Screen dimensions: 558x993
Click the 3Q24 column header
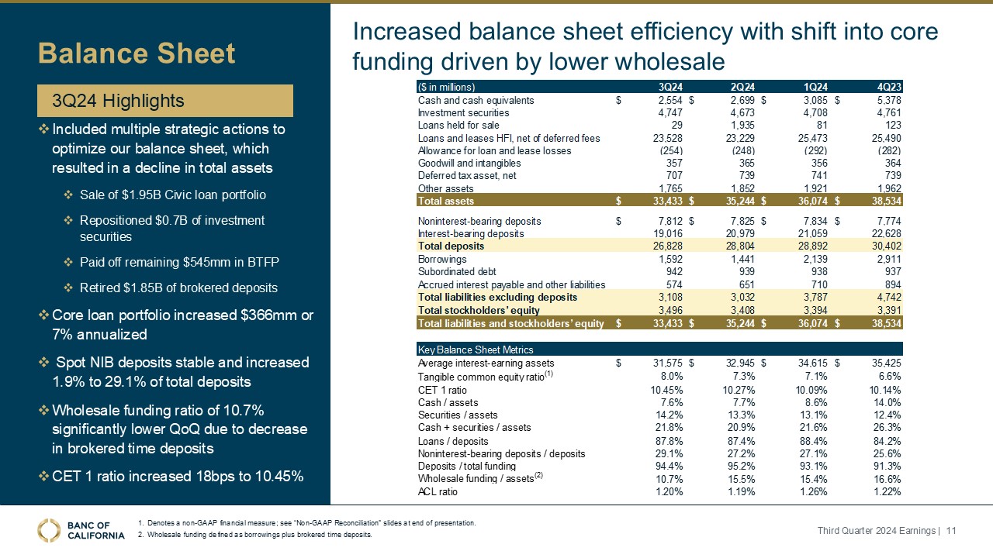tap(669, 87)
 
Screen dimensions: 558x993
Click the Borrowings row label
tap(442, 259)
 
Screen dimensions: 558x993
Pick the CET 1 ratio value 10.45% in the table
tap(666, 390)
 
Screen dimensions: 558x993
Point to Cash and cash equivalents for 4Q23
tap(887, 100)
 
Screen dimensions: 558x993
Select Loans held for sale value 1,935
tap(739, 126)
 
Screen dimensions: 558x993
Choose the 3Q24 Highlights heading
tap(118, 101)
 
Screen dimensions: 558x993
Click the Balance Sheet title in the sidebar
tap(137, 53)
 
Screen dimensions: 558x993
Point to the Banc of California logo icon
tap(50, 530)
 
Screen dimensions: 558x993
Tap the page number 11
tap(951, 530)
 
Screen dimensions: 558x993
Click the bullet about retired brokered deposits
tap(178, 288)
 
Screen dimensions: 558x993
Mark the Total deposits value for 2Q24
tap(738, 246)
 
